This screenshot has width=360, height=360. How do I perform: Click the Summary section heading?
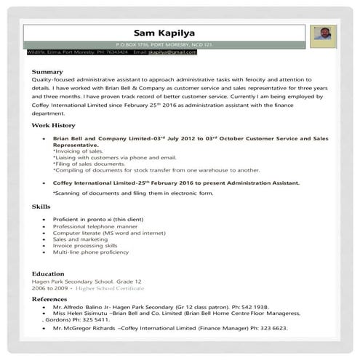(47, 71)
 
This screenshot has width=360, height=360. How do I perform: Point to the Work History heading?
(53, 125)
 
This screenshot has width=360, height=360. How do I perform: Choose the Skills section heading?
(41, 207)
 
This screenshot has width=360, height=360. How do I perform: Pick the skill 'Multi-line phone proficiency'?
(89, 252)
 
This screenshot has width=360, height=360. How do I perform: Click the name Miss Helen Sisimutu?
(83, 313)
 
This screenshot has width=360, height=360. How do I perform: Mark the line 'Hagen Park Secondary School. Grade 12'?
(86, 281)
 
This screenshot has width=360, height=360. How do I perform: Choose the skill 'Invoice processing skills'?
(86, 245)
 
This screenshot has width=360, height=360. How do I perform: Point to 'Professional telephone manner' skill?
(92, 225)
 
